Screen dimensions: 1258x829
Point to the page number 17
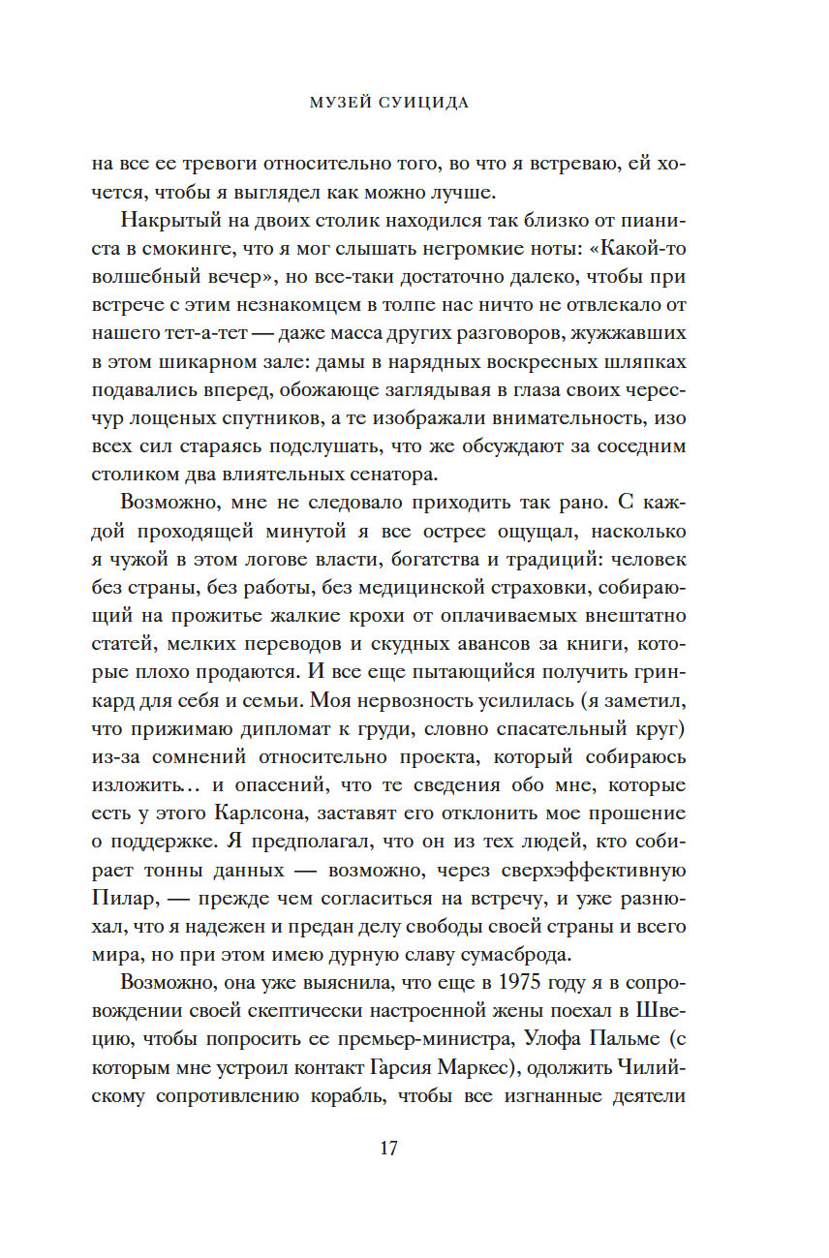[x=387, y=1149]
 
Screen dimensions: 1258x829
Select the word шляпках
[x=651, y=362]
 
